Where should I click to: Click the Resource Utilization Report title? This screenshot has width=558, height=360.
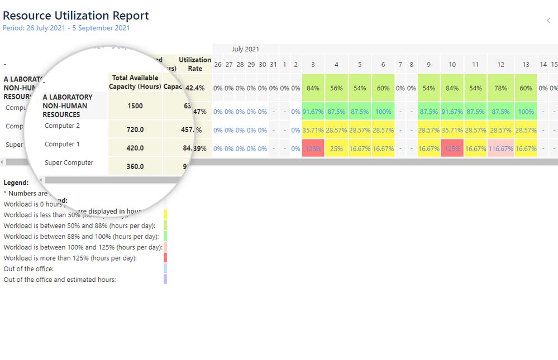click(x=76, y=16)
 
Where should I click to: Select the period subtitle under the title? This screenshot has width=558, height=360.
click(x=66, y=28)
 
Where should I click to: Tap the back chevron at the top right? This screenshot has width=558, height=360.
click(x=549, y=21)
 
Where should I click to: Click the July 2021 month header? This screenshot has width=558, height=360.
click(x=245, y=49)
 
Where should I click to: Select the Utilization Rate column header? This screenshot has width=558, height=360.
click(x=195, y=64)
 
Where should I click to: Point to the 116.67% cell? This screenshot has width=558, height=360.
click(x=500, y=149)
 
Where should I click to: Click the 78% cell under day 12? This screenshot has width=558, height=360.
click(x=500, y=88)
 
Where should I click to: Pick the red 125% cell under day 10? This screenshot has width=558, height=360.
click(x=452, y=149)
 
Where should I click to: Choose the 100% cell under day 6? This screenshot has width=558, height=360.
click(x=383, y=112)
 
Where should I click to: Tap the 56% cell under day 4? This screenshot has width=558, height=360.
click(x=336, y=88)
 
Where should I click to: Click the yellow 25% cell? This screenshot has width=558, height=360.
click(x=336, y=149)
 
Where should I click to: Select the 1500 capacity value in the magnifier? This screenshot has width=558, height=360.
click(x=135, y=106)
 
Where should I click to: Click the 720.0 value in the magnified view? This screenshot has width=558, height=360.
click(x=135, y=129)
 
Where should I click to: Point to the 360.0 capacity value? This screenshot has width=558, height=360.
click(x=135, y=166)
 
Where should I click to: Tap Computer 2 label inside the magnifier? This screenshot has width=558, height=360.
click(x=62, y=126)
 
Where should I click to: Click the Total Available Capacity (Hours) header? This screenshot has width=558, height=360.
click(x=135, y=82)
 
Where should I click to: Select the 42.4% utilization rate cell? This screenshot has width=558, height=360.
click(x=194, y=88)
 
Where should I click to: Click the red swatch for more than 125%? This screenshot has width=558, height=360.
click(x=165, y=258)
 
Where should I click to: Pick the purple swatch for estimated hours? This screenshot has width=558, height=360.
click(x=165, y=280)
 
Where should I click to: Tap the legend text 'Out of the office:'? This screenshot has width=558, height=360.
click(x=28, y=269)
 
